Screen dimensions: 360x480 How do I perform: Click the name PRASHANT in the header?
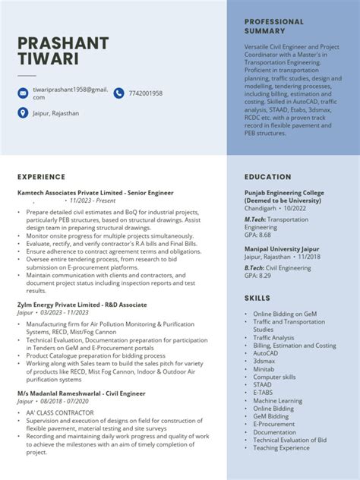tap(63, 43)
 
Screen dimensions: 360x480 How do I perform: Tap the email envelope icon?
tap(23, 93)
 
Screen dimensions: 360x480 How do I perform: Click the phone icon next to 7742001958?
tap(118, 93)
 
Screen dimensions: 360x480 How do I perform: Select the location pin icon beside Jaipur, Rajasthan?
tap(23, 113)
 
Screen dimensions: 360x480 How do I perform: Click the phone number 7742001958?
tap(146, 93)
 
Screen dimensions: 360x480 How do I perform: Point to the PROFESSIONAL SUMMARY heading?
tap(274, 27)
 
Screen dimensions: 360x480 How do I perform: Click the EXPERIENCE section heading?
tap(41, 177)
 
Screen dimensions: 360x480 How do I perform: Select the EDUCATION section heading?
tap(267, 177)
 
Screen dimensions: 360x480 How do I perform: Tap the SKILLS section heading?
tap(257, 298)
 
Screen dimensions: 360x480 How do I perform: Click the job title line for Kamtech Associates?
tap(96, 193)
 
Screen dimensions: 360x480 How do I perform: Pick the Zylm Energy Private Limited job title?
tap(82, 304)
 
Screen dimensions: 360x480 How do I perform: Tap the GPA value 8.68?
tap(258, 235)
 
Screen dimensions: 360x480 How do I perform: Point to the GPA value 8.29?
tap(258, 276)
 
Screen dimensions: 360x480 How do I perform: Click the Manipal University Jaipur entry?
tap(280, 248)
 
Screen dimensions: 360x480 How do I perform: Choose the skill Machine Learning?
tap(277, 401)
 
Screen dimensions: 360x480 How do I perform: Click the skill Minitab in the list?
tap(264, 369)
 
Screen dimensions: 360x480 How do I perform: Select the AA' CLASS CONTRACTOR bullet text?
tap(55, 412)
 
